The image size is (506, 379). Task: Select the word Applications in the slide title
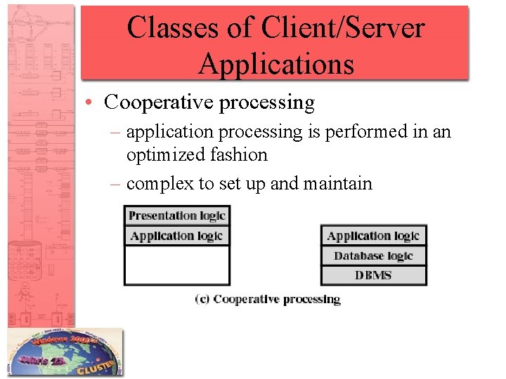click(x=275, y=64)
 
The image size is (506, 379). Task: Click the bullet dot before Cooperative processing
click(x=93, y=103)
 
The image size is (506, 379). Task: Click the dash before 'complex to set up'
click(x=117, y=184)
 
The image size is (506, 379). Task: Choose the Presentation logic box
click(x=177, y=215)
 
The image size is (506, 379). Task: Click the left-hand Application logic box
click(x=177, y=236)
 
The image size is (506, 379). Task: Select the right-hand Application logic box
click(x=373, y=236)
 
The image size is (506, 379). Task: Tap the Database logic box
click(x=373, y=255)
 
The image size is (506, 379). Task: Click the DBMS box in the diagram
click(x=373, y=275)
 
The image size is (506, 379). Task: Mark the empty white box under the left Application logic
click(x=177, y=265)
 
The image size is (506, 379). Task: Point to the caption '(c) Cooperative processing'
click(x=268, y=299)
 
